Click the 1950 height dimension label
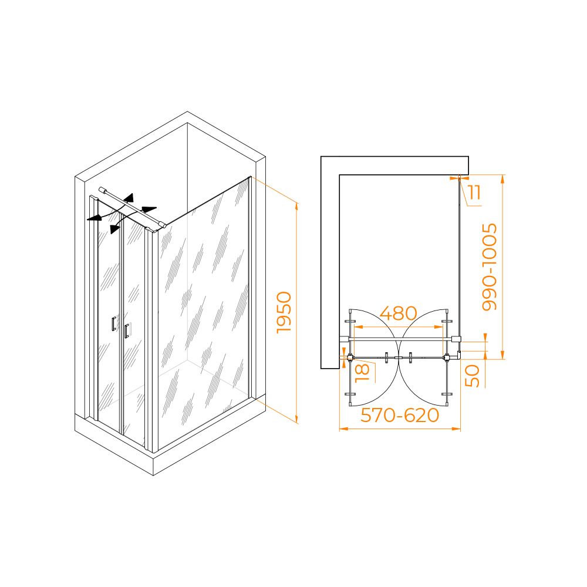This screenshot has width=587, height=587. point(284,312)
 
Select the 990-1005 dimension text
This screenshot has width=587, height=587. point(490,267)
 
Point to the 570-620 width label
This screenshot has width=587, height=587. point(399,415)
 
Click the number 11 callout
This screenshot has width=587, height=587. point(474,193)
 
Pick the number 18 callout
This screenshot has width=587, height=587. point(362,373)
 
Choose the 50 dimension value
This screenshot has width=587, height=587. point(472,376)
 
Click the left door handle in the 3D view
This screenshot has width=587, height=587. point(114,324)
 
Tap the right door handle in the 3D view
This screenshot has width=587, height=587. point(127,331)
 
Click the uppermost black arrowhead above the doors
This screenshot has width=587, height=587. point(129,198)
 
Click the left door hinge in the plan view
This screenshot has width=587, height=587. point(350,357)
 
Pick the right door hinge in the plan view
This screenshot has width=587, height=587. point(447,357)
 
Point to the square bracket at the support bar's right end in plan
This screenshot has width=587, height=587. point(456,339)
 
